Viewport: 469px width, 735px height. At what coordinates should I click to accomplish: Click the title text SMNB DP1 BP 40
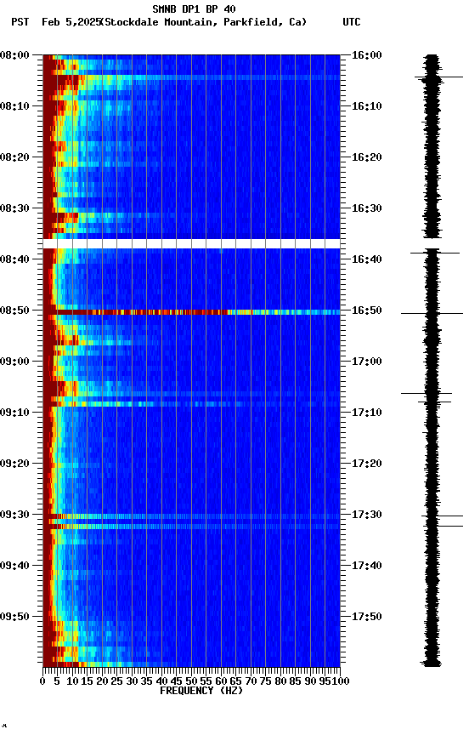[x=194, y=9]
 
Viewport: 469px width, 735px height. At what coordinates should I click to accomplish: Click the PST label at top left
[x=20, y=22]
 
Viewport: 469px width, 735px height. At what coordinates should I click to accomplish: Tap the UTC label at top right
[x=352, y=22]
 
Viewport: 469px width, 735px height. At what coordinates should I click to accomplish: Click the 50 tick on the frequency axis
[x=191, y=681]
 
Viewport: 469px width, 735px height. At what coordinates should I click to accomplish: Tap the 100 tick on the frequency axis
[x=341, y=681]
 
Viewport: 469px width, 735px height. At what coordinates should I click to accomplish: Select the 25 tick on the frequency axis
[x=117, y=681]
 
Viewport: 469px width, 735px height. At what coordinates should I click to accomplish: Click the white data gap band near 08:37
[x=191, y=243]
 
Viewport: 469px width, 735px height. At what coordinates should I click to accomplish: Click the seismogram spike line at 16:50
[x=432, y=314]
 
